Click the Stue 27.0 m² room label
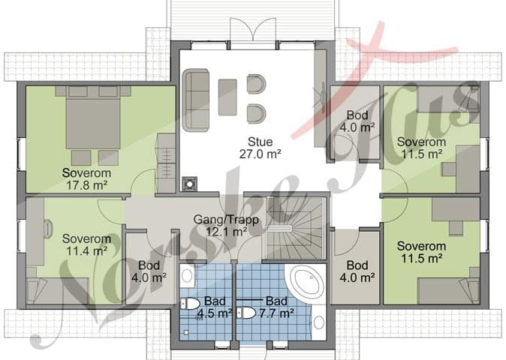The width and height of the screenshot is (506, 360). tap(260, 148)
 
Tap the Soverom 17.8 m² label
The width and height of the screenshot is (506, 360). tap(86, 178)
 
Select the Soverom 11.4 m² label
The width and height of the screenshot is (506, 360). tap(86, 244)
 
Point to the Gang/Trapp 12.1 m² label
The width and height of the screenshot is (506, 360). tap(226, 225)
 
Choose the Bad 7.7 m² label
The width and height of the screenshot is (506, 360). tap(276, 307)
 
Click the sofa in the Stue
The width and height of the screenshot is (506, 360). tap(195, 100)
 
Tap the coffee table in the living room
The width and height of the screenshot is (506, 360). tap(227, 97)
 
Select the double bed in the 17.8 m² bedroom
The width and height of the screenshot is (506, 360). tap(93, 118)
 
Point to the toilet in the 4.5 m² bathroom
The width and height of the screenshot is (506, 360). tap(190, 304)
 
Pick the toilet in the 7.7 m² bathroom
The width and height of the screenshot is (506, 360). tap(246, 313)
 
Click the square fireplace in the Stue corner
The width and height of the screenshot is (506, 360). tap(190, 184)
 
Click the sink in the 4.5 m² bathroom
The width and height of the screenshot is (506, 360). tap(187, 276)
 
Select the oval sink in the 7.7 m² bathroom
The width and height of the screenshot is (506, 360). tap(319, 322)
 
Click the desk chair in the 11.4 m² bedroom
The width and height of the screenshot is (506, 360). tap(48, 229)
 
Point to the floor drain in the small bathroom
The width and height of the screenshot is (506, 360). tap(186, 332)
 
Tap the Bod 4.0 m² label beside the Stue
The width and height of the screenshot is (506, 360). tap(357, 121)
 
